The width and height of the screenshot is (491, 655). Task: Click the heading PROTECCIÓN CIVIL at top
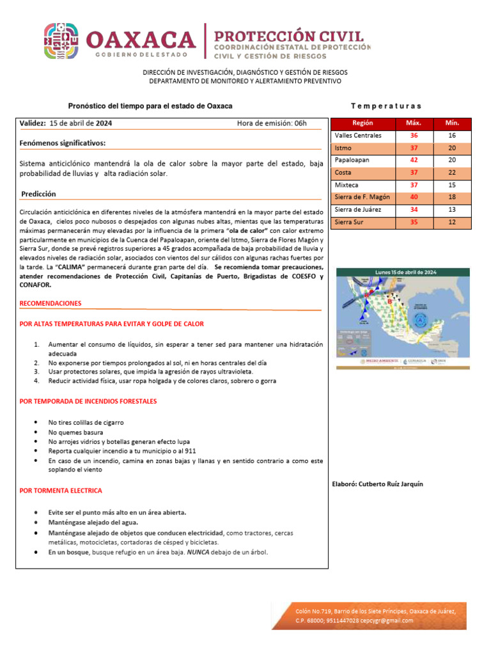tap(288, 36)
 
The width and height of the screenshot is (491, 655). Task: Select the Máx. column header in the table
tap(414, 123)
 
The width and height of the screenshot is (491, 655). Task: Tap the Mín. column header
tap(452, 123)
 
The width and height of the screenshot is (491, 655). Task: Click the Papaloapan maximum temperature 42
tap(414, 160)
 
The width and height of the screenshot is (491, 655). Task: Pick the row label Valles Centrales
tap(358, 136)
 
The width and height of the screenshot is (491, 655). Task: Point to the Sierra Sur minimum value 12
tap(452, 222)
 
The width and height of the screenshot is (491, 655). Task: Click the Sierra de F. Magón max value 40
tap(414, 197)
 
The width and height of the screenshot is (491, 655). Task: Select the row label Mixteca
tap(348, 185)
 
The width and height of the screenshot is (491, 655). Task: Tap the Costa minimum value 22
tap(452, 173)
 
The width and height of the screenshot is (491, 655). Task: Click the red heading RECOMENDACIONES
tap(51, 303)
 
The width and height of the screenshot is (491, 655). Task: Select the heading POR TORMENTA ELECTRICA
tap(61, 491)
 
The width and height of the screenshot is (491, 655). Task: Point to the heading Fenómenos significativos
tap(63, 143)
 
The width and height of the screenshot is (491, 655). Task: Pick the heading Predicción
tap(38, 194)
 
